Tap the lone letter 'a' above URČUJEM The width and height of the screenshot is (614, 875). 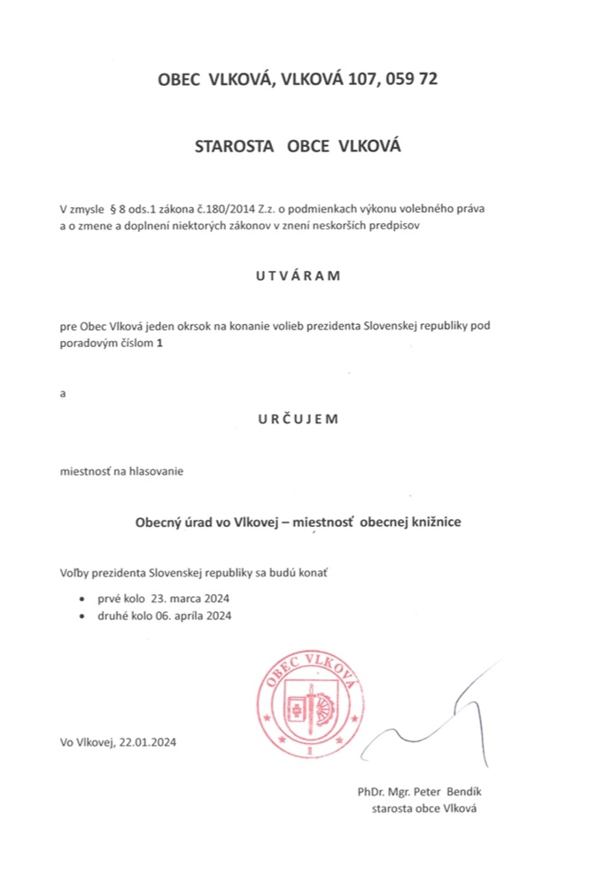tap(63, 392)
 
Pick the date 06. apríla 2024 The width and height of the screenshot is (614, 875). tap(187, 616)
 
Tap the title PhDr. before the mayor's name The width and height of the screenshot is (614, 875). tap(361, 791)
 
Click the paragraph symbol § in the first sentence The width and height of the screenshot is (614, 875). tap(113, 209)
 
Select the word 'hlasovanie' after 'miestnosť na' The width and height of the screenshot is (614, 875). tap(156, 471)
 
